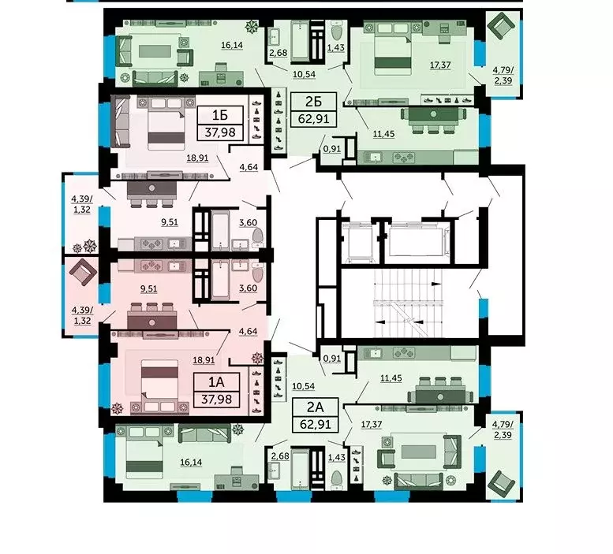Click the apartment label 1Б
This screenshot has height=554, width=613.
click(220, 115)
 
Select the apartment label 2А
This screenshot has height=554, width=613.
click(315, 407)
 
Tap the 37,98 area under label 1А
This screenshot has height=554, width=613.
click(216, 399)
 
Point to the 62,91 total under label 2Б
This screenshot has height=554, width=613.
click(313, 118)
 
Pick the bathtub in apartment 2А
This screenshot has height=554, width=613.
click(301, 468)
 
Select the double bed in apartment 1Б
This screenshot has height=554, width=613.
click(166, 124)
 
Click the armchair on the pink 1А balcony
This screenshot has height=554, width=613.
click(83, 272)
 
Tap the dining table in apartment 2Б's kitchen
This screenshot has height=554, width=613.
click(434, 116)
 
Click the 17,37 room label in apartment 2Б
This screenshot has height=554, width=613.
click(440, 65)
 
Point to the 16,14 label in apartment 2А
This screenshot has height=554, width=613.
click(191, 463)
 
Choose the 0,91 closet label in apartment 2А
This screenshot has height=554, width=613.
click(332, 359)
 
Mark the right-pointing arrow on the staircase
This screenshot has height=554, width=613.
click(436, 284)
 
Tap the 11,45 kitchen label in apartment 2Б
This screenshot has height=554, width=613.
click(383, 134)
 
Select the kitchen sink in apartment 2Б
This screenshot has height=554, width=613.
click(376, 157)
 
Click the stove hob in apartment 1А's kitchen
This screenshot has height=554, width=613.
click(150, 266)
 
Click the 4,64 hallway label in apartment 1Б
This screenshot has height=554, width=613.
click(249, 167)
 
